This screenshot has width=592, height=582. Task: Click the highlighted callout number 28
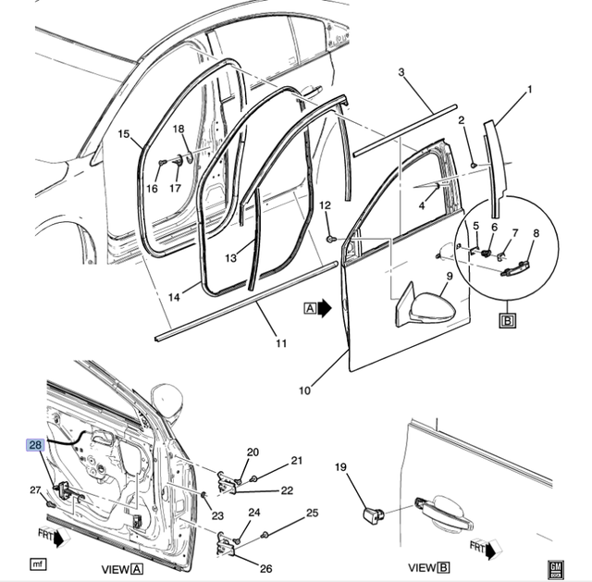[x=35, y=445]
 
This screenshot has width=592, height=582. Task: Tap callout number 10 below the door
[x=304, y=390]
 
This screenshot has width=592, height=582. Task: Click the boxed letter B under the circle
[x=508, y=321]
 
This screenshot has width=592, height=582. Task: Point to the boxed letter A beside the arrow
[x=310, y=308]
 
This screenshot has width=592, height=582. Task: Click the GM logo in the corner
[x=556, y=570]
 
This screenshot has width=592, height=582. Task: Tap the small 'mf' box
[x=38, y=564]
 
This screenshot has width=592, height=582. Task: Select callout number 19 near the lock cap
[x=340, y=467]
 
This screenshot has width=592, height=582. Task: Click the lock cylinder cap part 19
[x=373, y=514]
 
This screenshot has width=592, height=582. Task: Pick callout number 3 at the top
[x=401, y=72]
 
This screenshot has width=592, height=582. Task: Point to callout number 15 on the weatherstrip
[x=123, y=134]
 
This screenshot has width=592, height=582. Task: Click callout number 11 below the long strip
[x=281, y=343]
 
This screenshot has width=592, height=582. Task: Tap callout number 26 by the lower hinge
[x=265, y=568]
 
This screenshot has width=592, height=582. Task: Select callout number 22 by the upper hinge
[x=287, y=490]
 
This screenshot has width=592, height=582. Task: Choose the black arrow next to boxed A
[x=324, y=308]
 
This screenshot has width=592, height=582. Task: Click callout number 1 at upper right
[x=530, y=90]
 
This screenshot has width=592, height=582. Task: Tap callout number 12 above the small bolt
[x=325, y=205]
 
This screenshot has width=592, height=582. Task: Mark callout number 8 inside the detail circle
[x=536, y=233]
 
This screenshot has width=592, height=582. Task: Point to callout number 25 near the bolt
[x=313, y=513]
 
